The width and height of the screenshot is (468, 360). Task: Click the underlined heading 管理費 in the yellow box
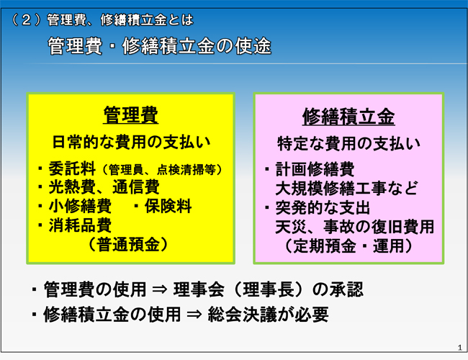point(131,115)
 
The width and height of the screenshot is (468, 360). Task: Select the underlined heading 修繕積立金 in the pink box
point(348,117)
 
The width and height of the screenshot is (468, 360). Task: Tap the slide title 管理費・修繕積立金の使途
point(159,46)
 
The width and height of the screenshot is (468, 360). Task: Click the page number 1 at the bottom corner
point(459,348)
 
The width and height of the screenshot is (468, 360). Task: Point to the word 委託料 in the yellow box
point(72,168)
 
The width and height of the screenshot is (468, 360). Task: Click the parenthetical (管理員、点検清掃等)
point(162,170)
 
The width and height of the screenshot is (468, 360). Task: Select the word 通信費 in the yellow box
point(136,187)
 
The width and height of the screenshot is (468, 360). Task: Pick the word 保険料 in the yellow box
point(168,206)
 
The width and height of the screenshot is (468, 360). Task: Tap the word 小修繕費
point(80,206)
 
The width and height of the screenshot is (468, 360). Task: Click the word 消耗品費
point(80,225)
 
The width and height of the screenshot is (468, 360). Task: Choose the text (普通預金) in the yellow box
point(127,245)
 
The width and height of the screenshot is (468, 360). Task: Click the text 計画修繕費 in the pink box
point(315,169)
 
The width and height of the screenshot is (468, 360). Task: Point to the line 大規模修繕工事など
point(346,189)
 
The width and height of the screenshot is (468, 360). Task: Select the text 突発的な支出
point(323,208)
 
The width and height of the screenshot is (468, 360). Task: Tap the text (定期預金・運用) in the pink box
point(348,246)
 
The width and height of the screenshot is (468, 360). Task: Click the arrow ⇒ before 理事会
point(160,289)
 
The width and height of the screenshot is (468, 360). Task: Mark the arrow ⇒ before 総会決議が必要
point(194,315)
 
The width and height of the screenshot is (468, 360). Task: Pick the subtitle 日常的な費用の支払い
point(131,142)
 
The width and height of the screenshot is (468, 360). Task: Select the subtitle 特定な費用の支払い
point(348,144)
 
